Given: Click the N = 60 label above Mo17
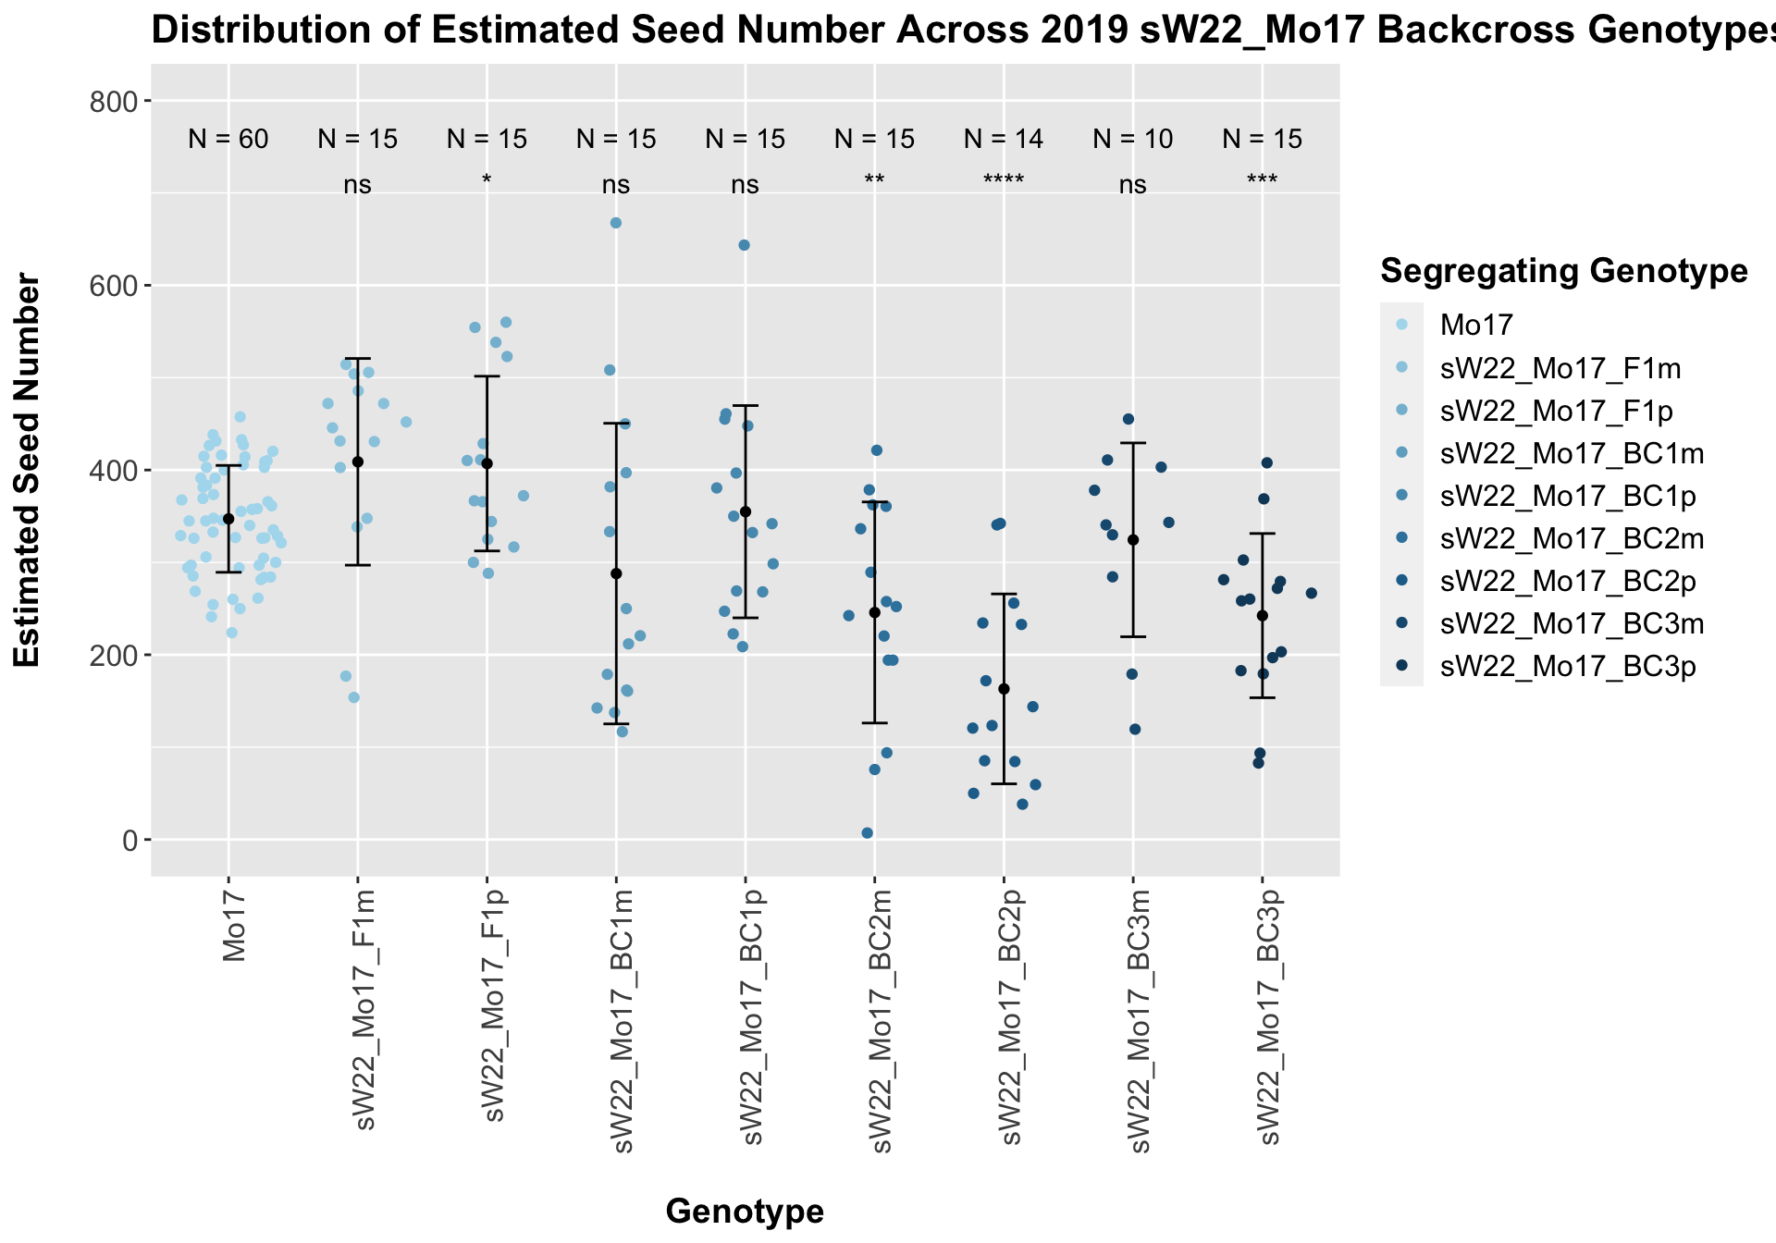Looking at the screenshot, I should tap(228, 140).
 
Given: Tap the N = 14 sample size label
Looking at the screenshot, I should tap(1004, 140).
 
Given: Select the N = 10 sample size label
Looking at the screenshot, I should tap(1133, 140).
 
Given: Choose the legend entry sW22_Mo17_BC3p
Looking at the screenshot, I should tap(1567, 668).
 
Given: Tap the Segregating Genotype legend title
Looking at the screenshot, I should tap(1563, 271).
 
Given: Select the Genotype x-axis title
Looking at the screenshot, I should tap(745, 1211).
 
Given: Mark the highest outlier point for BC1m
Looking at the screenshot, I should tap(616, 223).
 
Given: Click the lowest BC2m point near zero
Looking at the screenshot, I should tap(868, 833).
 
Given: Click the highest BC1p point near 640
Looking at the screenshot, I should tap(744, 245).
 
